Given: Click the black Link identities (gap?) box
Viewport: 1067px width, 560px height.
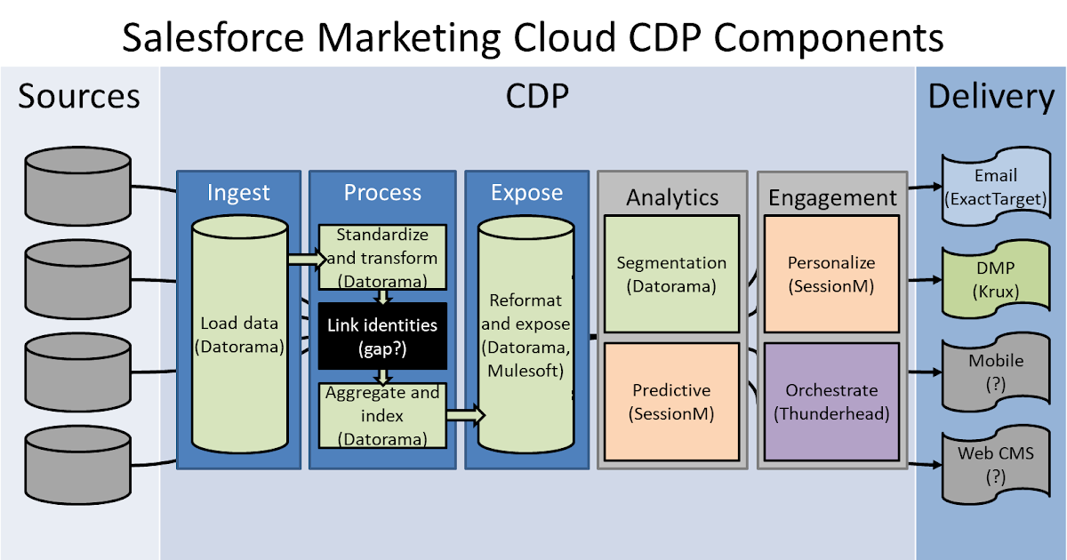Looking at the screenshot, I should tap(382, 337).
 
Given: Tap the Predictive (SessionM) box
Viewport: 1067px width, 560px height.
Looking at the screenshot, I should tap(671, 402).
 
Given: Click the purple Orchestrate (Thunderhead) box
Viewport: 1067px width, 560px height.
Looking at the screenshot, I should tap(831, 402).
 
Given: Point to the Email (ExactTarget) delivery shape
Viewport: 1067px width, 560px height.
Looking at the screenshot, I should tap(995, 187).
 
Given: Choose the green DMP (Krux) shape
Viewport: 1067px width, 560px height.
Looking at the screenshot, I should tap(995, 279).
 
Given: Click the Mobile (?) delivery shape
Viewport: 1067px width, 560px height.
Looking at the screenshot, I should tap(995, 372).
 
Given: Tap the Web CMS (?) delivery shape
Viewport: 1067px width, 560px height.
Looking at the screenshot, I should tap(995, 464).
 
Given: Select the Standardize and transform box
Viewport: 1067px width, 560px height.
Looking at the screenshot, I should tap(382, 258).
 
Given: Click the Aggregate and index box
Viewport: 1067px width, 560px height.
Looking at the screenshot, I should tap(382, 415).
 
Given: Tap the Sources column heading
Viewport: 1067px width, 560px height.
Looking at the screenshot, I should tap(79, 95).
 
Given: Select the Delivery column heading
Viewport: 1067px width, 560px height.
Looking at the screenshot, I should tap(991, 96).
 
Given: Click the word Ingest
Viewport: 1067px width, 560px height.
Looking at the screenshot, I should tap(237, 192).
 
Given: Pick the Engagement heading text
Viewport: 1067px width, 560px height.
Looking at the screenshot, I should tap(832, 197).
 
